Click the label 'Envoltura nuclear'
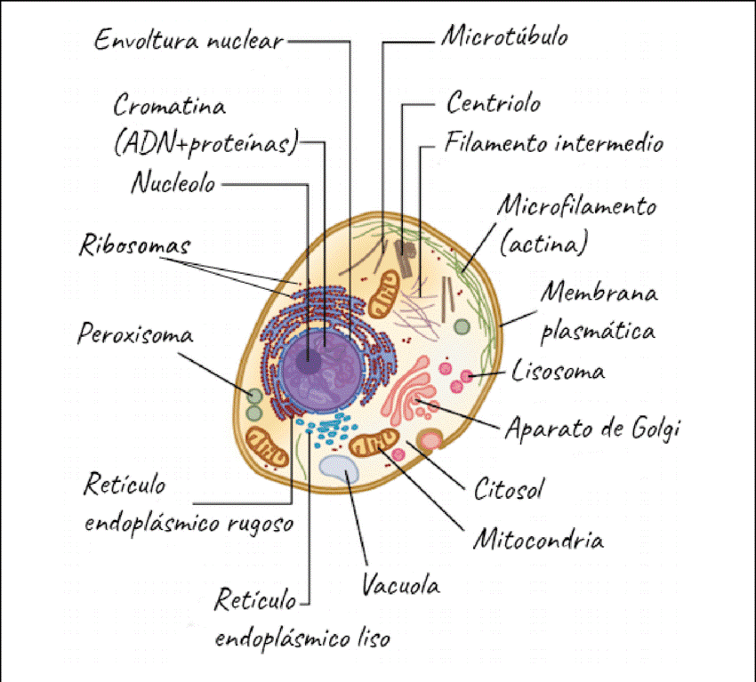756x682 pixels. coord(189,40)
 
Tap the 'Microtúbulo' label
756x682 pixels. coord(504,37)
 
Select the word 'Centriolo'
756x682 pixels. coord(493,104)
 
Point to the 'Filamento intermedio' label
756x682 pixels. coord(553,143)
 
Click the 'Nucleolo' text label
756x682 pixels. coord(173,184)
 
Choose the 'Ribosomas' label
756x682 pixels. coord(135,244)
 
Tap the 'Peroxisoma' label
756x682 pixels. coord(135,335)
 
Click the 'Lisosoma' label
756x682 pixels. coord(559,371)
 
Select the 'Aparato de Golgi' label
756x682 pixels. coord(591,429)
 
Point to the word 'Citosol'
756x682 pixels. coord(509,488)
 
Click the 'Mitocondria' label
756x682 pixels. coord(538,539)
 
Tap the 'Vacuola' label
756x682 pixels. coord(400,586)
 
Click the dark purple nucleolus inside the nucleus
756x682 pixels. coord(310,362)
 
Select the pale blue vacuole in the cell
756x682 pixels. coord(340,469)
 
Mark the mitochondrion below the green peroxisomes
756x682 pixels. coord(267,445)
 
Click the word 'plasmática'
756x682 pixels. coord(598,332)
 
